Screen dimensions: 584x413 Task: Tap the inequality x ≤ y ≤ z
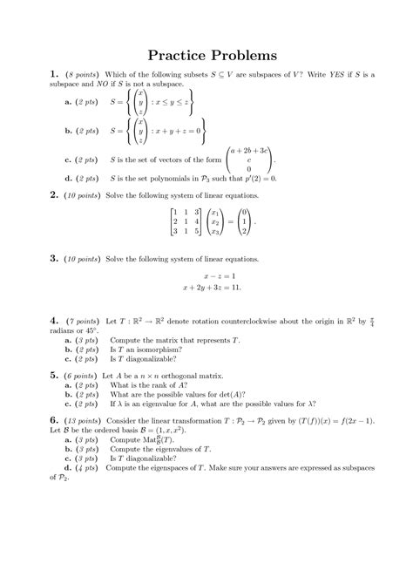click(x=177, y=102)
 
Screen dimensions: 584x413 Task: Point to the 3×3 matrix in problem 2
click(x=185, y=222)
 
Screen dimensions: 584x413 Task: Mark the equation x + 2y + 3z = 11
click(x=212, y=287)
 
